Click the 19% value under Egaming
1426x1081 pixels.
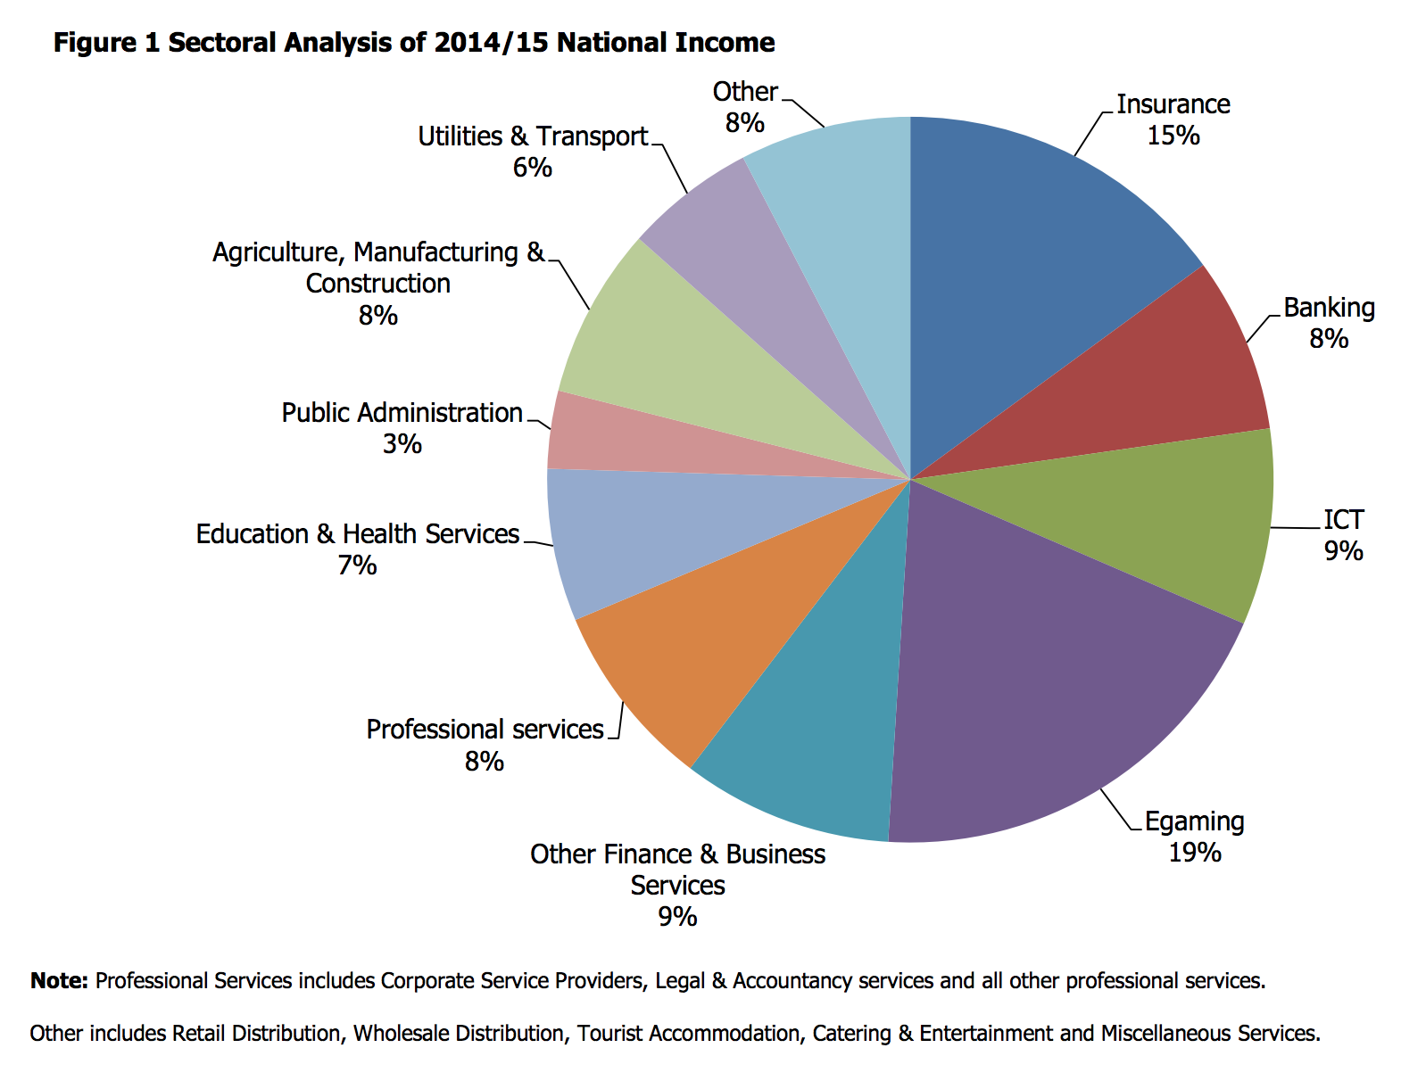[1194, 853]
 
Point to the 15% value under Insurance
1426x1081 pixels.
[1173, 136]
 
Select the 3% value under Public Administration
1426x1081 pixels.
[402, 444]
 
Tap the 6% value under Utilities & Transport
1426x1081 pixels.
[532, 168]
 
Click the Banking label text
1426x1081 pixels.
[1329, 308]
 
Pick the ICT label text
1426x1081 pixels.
[1343, 519]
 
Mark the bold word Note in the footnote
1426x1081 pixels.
[58, 981]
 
